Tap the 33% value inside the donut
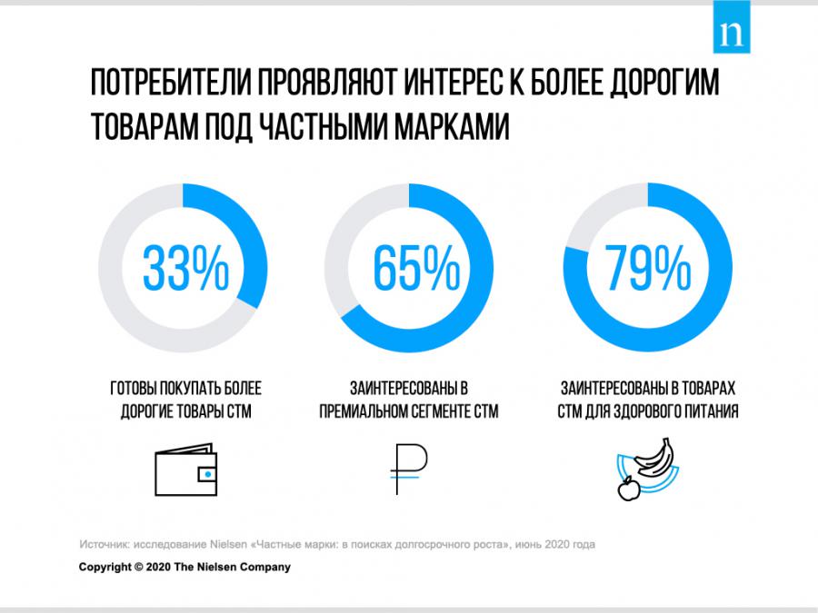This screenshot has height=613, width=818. [x=184, y=267]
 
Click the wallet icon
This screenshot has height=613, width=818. [x=185, y=472]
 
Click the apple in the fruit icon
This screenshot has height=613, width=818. [x=626, y=490]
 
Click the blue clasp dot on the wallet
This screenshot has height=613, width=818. [x=207, y=474]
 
